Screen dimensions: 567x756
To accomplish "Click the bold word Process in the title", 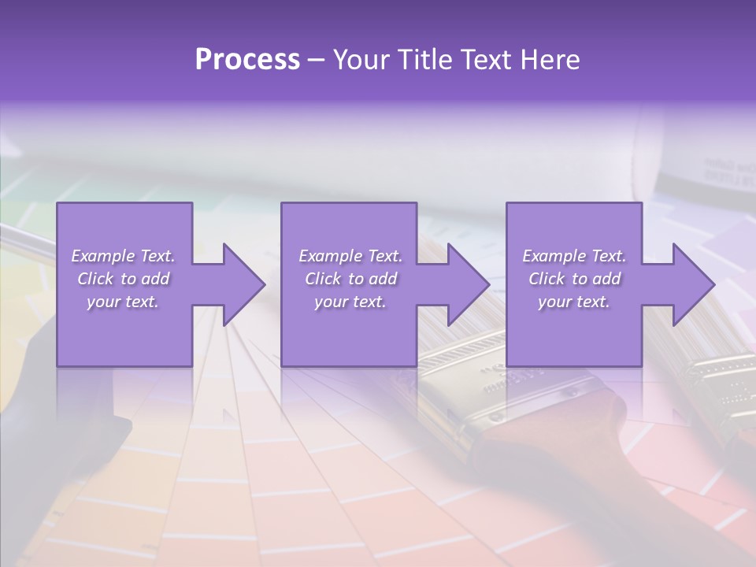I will pyautogui.click(x=247, y=60).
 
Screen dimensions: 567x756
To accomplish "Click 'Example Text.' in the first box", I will pyautogui.click(x=123, y=256).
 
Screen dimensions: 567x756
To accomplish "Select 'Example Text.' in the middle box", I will pyautogui.click(x=350, y=256).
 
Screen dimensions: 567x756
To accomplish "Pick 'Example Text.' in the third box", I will pyautogui.click(x=574, y=256).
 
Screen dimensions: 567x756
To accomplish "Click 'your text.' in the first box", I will pyautogui.click(x=123, y=302).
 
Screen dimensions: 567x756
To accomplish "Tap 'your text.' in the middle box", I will pyautogui.click(x=350, y=302).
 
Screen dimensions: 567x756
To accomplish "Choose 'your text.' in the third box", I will pyautogui.click(x=574, y=302).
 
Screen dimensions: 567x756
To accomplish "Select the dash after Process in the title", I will pyautogui.click(x=317, y=61).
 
